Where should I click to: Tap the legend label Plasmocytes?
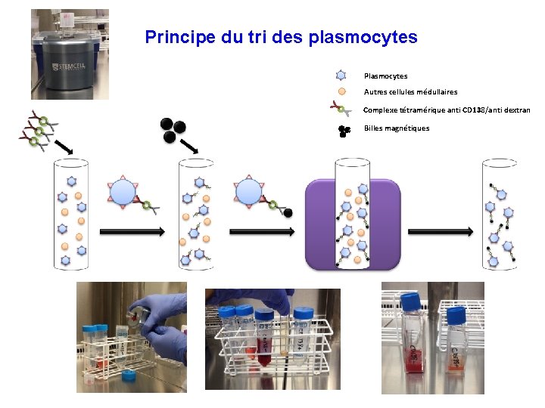[x=385, y=76]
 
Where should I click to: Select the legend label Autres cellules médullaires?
[x=410, y=92]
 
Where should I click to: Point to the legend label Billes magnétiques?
[x=397, y=128]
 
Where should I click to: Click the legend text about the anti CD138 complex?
[x=447, y=110]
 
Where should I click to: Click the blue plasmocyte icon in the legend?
[x=341, y=76]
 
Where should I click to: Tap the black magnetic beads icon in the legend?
[x=344, y=130]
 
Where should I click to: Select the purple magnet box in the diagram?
[x=352, y=227]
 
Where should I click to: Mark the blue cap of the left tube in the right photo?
[x=411, y=299]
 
